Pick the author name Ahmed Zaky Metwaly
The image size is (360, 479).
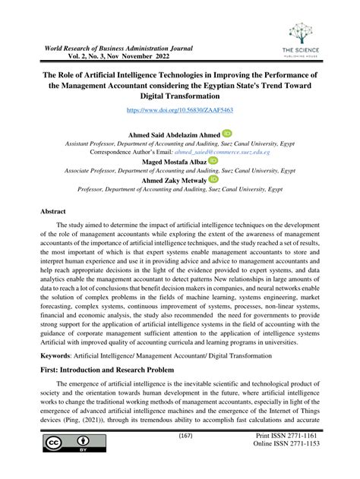point(171,180)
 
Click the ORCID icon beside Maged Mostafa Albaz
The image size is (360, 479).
point(213,161)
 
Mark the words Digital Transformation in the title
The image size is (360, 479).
point(179,98)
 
